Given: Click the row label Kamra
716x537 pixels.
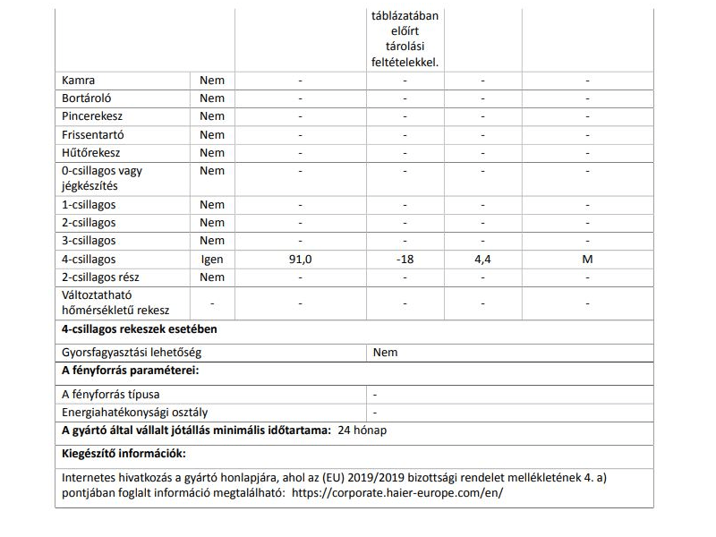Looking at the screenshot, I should point(79,81).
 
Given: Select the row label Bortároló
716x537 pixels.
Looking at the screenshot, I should point(87,98).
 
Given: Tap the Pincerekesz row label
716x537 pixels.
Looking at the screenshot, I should point(92,116).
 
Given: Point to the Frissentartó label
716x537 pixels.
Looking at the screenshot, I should point(93,134).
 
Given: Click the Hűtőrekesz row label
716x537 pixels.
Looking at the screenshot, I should point(90,152).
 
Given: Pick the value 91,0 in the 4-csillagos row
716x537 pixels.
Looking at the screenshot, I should point(301,260).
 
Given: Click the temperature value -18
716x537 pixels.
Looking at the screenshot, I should point(405,260).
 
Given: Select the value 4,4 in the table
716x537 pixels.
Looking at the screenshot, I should point(482,260).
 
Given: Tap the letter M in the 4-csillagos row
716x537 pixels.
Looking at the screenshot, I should point(587,260).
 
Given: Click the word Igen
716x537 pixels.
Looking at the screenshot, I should point(212,260).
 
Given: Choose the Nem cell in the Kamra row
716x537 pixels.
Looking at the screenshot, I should point(212,81).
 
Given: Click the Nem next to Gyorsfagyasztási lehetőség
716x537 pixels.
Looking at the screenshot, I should point(385,353).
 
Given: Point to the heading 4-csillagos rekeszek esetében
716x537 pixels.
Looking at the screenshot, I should point(139,328).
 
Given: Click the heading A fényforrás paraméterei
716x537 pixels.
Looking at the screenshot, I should point(130,371).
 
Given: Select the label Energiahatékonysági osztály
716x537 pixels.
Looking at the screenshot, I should point(135,413).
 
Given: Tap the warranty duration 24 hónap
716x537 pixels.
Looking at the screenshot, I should point(362,430).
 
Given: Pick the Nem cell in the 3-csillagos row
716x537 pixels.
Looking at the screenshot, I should point(212,241).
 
